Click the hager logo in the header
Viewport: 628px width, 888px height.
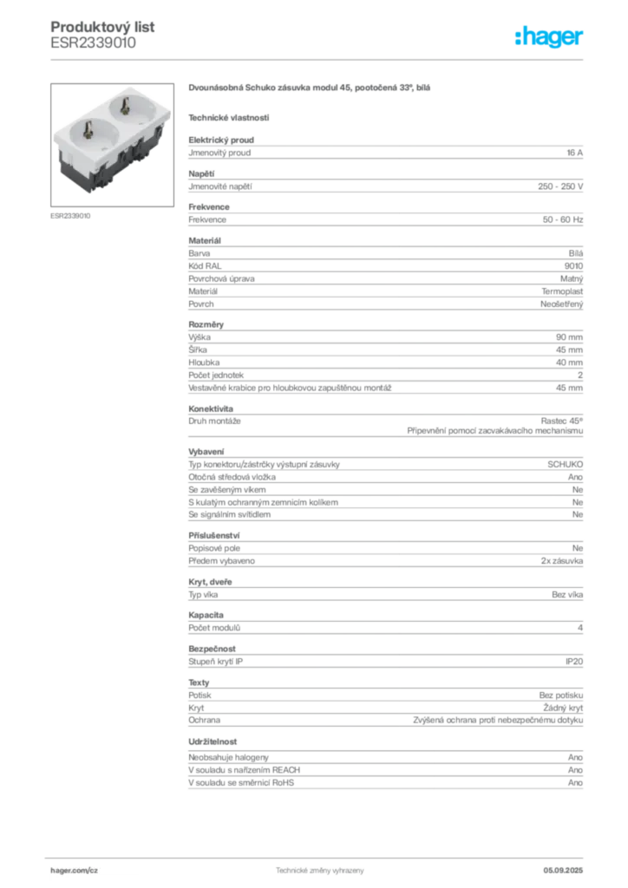tap(549, 36)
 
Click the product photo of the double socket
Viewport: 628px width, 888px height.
tap(112, 145)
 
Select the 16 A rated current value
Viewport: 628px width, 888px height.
tap(575, 153)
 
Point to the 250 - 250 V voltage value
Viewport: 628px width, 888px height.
tap(560, 186)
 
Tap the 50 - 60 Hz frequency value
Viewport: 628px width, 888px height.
tap(563, 219)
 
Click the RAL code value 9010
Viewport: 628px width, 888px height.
tap(573, 266)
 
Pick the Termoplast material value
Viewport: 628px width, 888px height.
tap(562, 291)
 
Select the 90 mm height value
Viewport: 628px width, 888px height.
tap(569, 337)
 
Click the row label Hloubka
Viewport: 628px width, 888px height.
tap(204, 362)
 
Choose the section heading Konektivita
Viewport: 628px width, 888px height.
tap(211, 409)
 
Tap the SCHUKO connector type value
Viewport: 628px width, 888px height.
tap(566, 465)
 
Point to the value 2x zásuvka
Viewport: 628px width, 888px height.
tap(562, 561)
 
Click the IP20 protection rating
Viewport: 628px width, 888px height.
tap(574, 662)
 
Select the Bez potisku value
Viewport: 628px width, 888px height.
tap(561, 695)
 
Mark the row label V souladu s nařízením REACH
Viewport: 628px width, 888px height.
tap(244, 770)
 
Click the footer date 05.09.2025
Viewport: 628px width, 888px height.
tap(563, 871)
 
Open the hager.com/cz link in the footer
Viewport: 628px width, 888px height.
tap(75, 871)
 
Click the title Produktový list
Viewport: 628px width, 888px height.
tap(102, 27)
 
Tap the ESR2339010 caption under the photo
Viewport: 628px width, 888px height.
tap(70, 216)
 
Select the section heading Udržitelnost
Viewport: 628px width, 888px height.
tap(213, 742)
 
